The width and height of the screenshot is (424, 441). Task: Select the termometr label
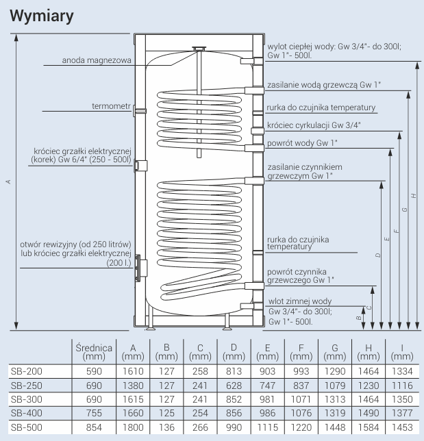coord(111,106)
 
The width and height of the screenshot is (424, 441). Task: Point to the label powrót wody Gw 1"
coord(303,142)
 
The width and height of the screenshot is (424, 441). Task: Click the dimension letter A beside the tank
coord(7,181)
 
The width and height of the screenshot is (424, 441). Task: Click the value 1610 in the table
coord(132,370)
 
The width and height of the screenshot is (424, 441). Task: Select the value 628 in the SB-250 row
coord(234,385)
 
